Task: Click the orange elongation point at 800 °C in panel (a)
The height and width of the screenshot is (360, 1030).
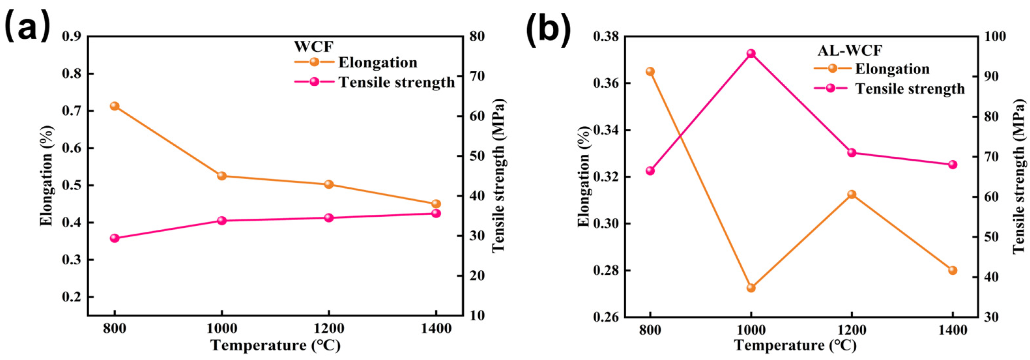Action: pyautogui.click(x=115, y=106)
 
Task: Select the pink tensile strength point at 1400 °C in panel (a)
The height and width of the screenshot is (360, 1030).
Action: pyautogui.click(x=436, y=213)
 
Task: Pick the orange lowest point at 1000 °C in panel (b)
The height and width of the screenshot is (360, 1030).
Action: pyautogui.click(x=751, y=288)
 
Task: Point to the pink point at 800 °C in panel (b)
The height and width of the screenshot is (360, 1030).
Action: pyautogui.click(x=650, y=171)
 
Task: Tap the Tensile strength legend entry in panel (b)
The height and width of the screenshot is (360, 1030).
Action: pyautogui.click(x=910, y=88)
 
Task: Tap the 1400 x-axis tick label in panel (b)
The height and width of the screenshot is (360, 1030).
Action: pyautogui.click(x=952, y=330)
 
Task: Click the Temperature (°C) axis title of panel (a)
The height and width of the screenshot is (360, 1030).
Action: pyautogui.click(x=275, y=345)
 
